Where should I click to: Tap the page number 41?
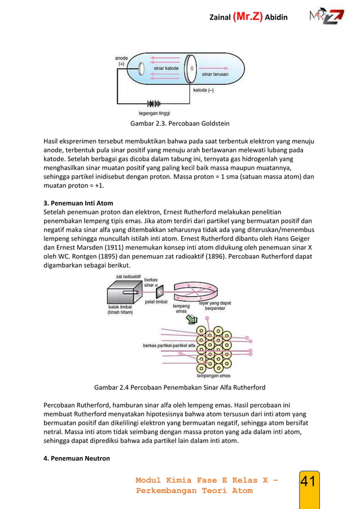click(x=308, y=482)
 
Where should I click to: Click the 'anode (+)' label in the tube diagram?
click(x=121, y=60)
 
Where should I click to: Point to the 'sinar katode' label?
click(x=166, y=68)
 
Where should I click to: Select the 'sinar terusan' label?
click(x=215, y=74)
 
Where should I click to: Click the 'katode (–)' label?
click(x=203, y=90)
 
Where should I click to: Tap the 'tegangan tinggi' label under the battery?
click(x=154, y=113)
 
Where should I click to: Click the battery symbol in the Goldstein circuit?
click(x=153, y=104)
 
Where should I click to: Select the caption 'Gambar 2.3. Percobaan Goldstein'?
click(x=179, y=123)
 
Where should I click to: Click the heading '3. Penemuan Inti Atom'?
click(x=78, y=203)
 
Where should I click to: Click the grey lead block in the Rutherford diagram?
click(x=125, y=293)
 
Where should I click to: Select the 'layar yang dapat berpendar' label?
click(x=215, y=306)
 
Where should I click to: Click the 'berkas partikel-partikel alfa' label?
click(x=169, y=345)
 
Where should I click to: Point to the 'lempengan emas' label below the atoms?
click(x=212, y=375)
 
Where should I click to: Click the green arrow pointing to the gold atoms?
click(x=194, y=319)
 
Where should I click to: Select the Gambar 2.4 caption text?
click(x=179, y=388)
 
